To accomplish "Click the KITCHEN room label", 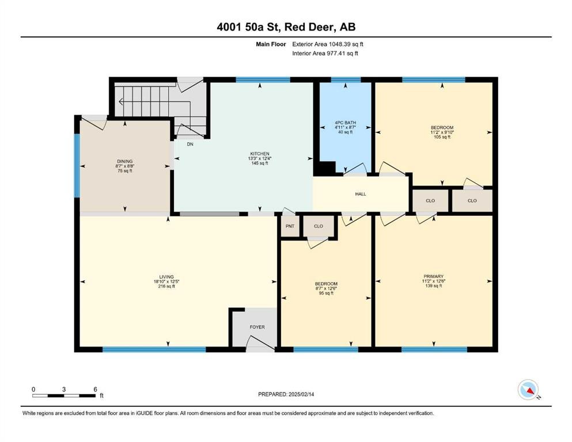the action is (260, 154).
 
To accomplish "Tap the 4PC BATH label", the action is (346, 123).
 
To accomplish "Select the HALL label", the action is (361, 194).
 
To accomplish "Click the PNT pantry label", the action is (290, 226).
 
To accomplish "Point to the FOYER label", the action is (257, 327).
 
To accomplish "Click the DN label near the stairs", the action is (190, 144).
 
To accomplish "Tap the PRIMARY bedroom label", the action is (433, 277).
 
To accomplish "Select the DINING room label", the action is (125, 161).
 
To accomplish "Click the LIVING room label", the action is (166, 277).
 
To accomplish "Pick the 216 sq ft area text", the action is (166, 287).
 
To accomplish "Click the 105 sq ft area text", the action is (442, 137).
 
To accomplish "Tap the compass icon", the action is (528, 390).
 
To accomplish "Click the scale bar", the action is (64, 395).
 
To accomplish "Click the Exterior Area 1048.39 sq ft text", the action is (328, 44).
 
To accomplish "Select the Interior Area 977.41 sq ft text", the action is (325, 54).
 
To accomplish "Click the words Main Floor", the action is (271, 44).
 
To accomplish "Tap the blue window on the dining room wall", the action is (77, 166).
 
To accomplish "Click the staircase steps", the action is (153, 101).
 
